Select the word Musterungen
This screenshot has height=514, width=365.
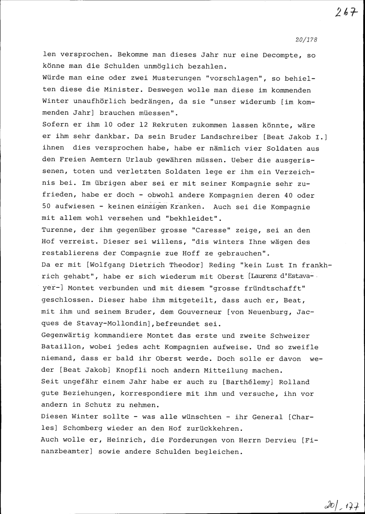coord(176,78)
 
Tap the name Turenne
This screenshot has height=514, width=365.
coord(57,230)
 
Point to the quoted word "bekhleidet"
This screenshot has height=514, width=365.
coord(193,219)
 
